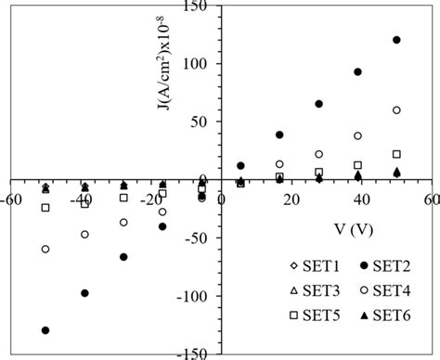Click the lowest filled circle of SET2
pyautogui.click(x=45, y=330)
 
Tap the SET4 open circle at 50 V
pyautogui.click(x=396, y=110)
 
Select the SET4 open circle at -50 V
pyautogui.click(x=45, y=250)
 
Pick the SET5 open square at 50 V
pyautogui.click(x=396, y=154)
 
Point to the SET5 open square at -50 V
pyautogui.click(x=45, y=208)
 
